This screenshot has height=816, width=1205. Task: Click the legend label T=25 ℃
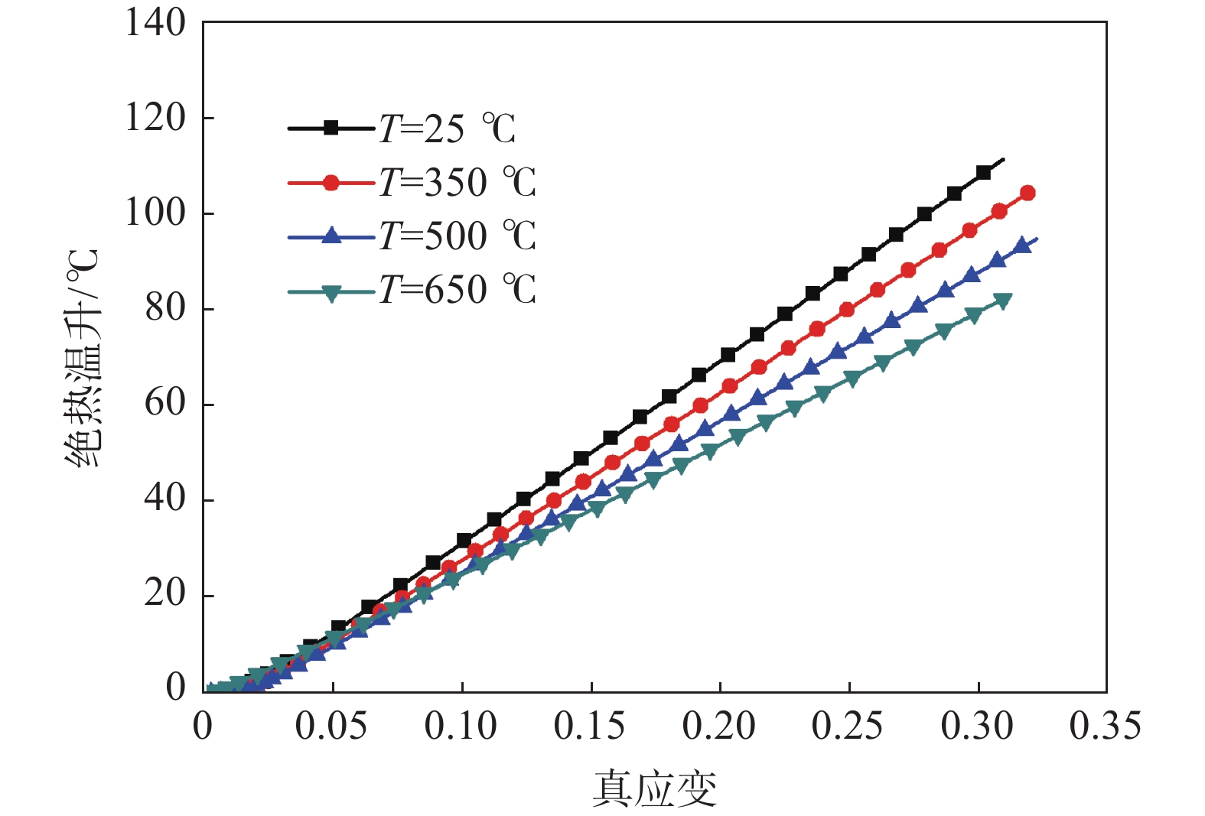448,128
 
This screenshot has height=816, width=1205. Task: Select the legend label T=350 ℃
458,183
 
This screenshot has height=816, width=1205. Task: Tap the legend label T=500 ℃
458,236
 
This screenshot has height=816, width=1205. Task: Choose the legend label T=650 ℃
458,290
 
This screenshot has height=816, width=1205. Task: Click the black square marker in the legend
331,128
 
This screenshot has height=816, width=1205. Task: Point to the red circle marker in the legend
331,183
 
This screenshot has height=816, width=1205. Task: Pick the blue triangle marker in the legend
331,236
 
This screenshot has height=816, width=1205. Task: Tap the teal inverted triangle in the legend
331,293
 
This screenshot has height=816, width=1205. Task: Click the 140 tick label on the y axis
155,23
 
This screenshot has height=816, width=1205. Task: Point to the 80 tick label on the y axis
165,308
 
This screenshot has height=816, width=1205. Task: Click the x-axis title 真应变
655,788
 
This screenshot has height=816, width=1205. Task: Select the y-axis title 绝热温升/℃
83,358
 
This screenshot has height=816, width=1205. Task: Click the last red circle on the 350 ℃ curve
1028,193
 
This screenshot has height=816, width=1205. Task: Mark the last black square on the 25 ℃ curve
984,173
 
